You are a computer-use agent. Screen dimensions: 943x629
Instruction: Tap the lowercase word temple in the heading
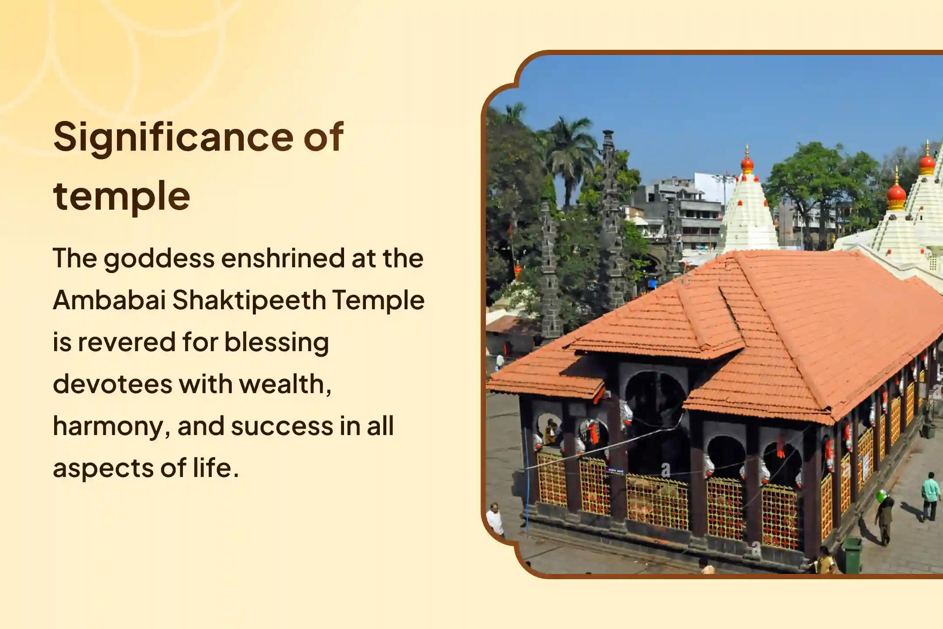coord(122,196)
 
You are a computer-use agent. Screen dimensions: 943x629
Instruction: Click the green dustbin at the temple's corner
coord(852,555)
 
